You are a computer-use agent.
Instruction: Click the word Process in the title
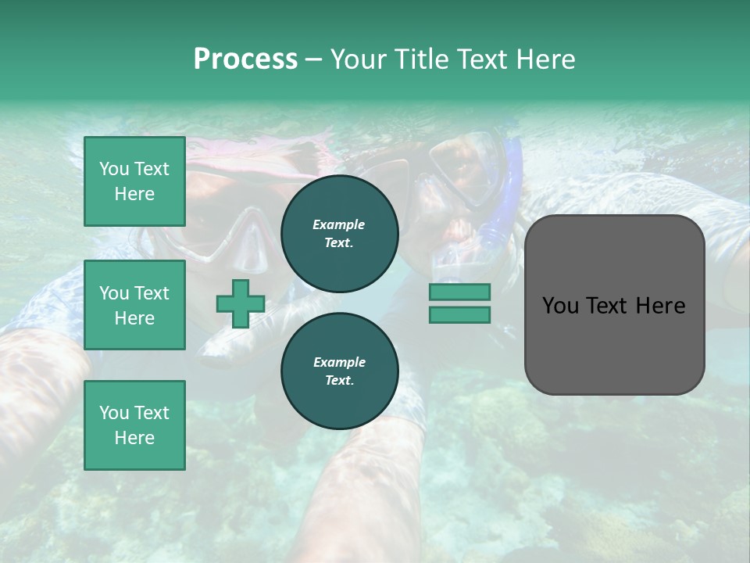(x=245, y=59)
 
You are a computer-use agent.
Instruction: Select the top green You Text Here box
(x=134, y=181)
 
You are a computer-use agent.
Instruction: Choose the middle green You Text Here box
(x=134, y=305)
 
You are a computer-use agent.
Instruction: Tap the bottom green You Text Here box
(x=134, y=425)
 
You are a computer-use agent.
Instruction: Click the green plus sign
(x=241, y=303)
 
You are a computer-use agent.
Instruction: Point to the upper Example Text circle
(x=339, y=233)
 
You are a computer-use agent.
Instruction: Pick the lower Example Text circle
(x=339, y=371)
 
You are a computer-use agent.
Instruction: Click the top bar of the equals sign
(x=459, y=292)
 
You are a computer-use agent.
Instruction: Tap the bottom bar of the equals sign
(x=459, y=314)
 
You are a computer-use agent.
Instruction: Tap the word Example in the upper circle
(x=339, y=224)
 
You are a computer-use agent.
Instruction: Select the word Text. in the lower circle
(x=339, y=380)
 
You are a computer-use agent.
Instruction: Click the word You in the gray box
(x=560, y=306)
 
